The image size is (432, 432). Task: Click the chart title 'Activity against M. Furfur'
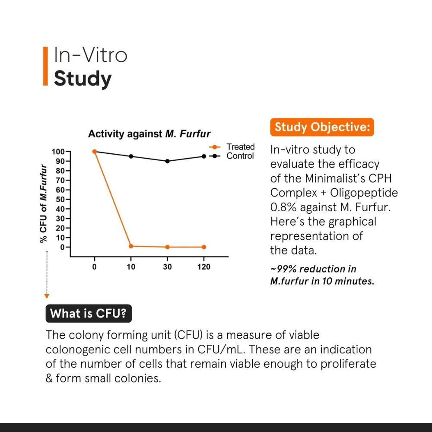149,134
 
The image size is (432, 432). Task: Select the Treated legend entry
240,147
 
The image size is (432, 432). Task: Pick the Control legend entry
240,156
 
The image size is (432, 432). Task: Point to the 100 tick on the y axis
58,152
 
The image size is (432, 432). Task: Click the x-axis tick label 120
204,267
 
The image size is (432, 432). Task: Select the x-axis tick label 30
167,267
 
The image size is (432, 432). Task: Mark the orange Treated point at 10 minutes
131,246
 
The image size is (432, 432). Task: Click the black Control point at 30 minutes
167,161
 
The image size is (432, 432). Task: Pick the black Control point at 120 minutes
204,156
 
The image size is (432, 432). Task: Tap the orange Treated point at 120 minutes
204,247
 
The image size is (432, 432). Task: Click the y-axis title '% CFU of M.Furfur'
43,203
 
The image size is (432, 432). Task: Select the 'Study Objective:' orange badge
322,127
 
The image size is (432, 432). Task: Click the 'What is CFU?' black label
89,314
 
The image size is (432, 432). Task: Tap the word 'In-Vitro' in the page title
90,55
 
